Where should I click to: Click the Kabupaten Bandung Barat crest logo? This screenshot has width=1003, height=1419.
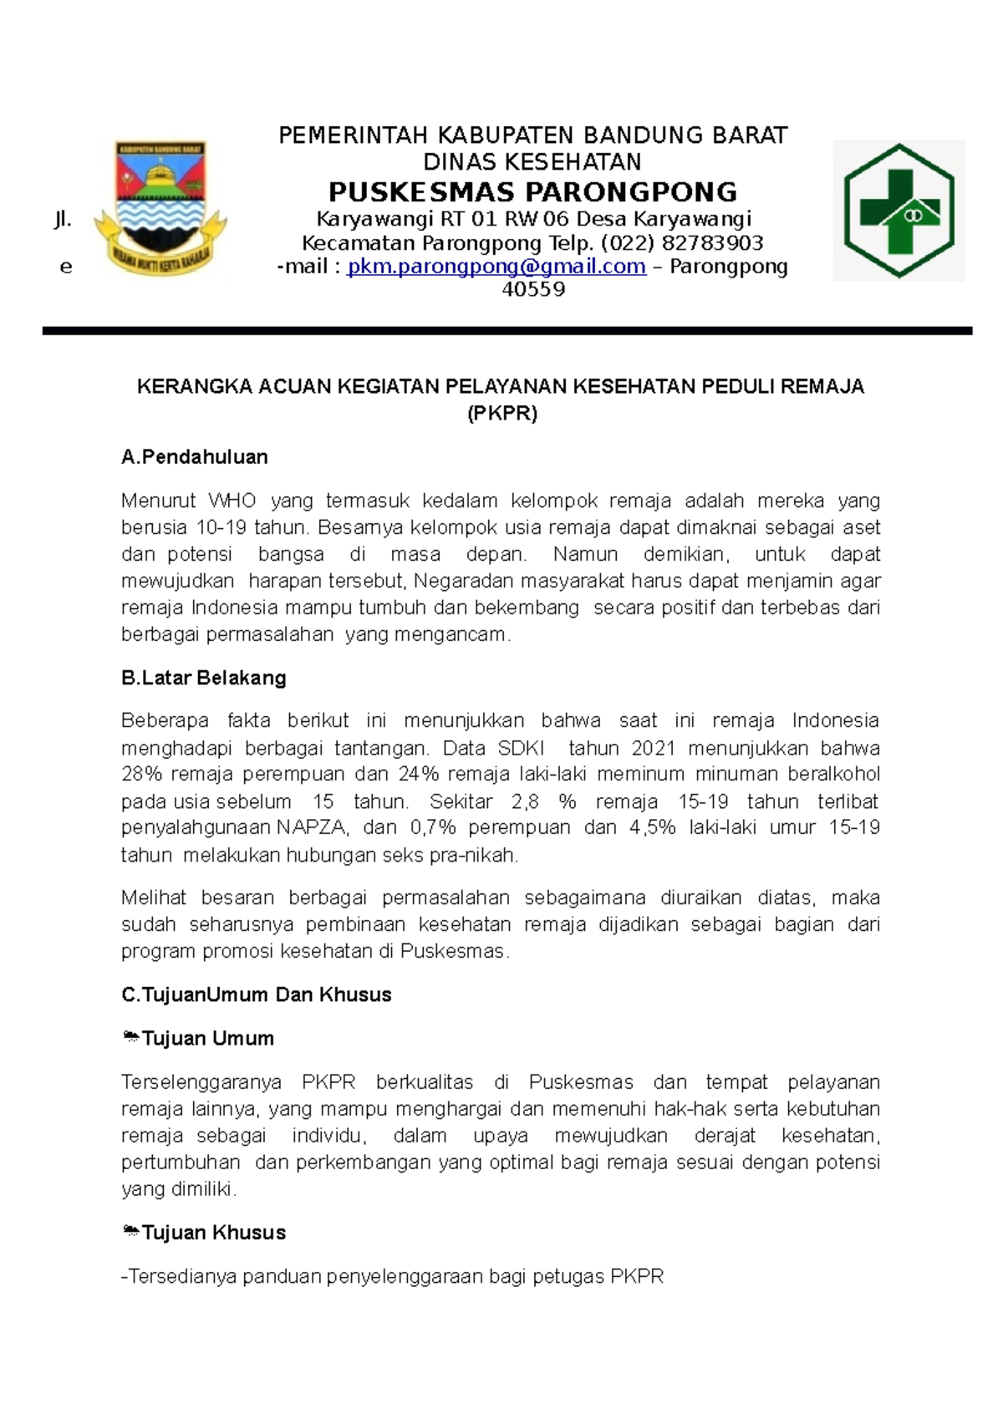[160, 209]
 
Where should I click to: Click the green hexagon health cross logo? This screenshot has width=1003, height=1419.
[899, 211]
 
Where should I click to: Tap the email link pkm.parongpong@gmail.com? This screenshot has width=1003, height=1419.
[496, 267]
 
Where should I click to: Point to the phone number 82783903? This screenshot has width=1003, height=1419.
[712, 243]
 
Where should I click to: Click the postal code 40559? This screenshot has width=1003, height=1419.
[533, 290]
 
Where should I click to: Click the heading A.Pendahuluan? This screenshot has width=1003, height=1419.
[194, 457]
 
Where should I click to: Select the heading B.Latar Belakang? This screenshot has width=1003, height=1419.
[203, 678]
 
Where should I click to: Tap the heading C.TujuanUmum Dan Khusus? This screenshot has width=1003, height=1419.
[256, 994]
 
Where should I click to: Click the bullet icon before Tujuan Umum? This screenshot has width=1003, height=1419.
[130, 1038]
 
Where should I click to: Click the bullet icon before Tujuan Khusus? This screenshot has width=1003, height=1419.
[130, 1232]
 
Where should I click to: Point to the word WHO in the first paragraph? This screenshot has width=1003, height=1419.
[232, 501]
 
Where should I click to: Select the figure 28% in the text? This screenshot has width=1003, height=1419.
[141, 775]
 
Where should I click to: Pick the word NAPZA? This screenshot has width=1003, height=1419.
[312, 828]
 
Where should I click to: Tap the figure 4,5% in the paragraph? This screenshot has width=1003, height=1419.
[652, 828]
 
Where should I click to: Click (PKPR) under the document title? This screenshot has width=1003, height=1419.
[501, 414]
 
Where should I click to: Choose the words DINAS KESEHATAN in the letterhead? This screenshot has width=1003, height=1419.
[532, 162]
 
